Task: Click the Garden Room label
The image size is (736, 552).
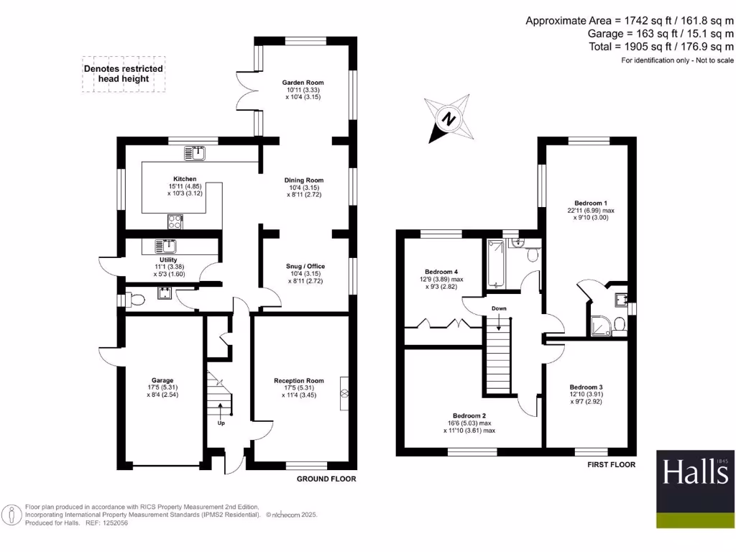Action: click(x=303, y=83)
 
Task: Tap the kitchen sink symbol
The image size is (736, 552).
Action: click(x=195, y=153)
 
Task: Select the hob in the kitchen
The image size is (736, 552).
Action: click(x=175, y=221)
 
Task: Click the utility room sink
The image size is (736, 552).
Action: click(x=165, y=246)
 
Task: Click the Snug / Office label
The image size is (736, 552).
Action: click(x=305, y=266)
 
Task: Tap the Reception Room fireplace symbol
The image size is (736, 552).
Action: click(x=344, y=393)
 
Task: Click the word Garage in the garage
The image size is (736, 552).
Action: click(x=162, y=380)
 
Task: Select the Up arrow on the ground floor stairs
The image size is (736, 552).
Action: click(x=221, y=410)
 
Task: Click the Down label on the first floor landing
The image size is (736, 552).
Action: click(x=499, y=308)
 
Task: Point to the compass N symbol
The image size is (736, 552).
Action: click(x=449, y=119)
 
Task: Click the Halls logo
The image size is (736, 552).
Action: click(x=695, y=489)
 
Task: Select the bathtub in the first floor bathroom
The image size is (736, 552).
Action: click(x=496, y=263)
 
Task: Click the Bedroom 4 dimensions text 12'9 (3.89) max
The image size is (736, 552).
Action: click(x=441, y=280)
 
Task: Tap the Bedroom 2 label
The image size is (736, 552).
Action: click(x=469, y=416)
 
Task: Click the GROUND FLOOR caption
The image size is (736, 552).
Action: click(x=326, y=479)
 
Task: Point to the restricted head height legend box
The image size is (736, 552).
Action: click(x=124, y=74)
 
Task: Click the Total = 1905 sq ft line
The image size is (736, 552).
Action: click(x=661, y=47)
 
